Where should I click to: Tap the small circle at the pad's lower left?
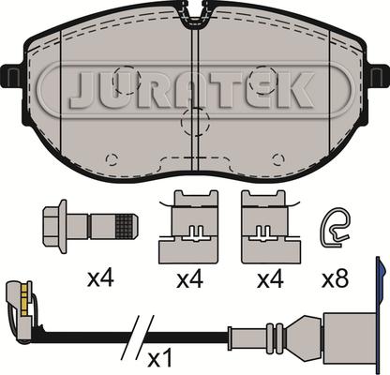tap(111, 157)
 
